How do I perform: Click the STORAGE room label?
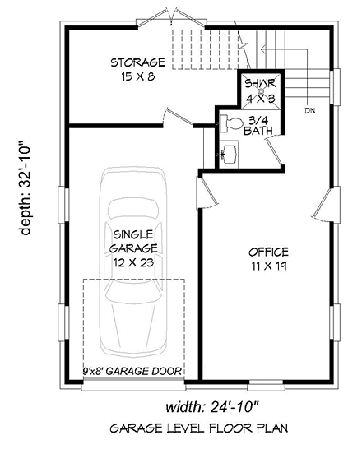(138, 62)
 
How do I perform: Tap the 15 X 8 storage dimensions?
(138, 76)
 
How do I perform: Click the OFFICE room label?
(267, 252)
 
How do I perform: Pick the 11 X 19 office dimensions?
(267, 266)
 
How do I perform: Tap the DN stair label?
(309, 110)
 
